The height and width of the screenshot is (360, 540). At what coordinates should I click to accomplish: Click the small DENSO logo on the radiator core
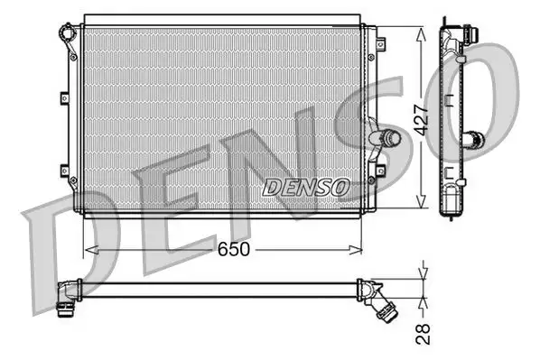tap(305, 187)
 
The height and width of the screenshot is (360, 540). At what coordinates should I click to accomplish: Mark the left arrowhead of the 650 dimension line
tap(87, 247)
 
